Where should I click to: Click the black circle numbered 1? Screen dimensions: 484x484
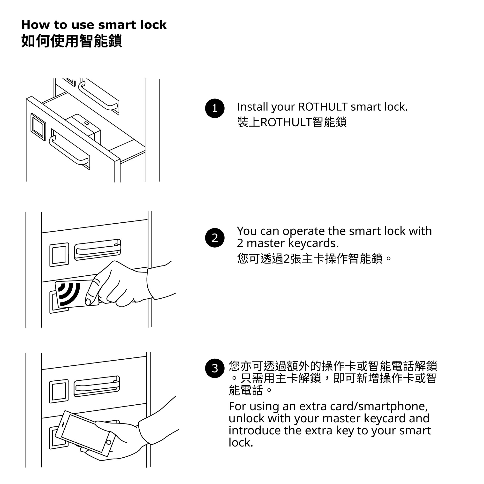[x=215, y=108]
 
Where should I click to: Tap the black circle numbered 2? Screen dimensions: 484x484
[x=215, y=238]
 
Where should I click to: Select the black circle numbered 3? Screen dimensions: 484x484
[x=215, y=368]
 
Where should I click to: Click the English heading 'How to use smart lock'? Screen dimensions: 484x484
[x=94, y=25]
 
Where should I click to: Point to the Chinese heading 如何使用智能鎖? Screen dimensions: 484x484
[x=72, y=41]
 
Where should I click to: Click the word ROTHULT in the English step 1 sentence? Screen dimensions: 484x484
[x=323, y=107]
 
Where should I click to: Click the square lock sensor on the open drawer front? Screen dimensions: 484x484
[x=38, y=127]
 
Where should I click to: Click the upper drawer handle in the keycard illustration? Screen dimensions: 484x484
[x=98, y=250]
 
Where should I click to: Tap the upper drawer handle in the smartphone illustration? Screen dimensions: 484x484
[x=97, y=386]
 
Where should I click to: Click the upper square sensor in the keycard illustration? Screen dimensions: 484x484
[x=59, y=255]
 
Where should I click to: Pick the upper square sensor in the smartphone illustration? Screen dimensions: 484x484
[x=59, y=391]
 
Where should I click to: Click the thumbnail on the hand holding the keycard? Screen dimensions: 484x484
[x=88, y=302]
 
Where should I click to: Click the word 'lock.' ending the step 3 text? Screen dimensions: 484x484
[x=241, y=443]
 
